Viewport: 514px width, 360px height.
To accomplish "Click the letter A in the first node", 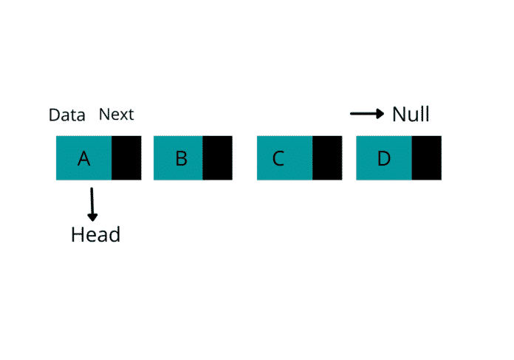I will point(83,158).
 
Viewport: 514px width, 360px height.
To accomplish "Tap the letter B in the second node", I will point(181,158).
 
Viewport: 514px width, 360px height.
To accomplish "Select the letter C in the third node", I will point(278,158).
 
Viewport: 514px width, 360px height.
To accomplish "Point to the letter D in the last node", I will point(383,158).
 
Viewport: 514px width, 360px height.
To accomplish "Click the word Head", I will point(95,235).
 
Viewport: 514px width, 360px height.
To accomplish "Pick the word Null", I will point(411,115).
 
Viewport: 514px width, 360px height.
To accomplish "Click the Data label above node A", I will point(67,115).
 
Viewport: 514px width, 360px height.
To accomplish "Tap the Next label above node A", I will point(117,115).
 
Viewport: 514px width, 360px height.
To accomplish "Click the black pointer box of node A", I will point(126,157).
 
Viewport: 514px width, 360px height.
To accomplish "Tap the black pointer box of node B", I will point(217,157).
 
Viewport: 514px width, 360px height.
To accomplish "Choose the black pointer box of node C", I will point(327,157).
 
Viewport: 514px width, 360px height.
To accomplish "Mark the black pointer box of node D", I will point(427,157).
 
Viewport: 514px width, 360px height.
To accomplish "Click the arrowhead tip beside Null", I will point(384,114).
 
